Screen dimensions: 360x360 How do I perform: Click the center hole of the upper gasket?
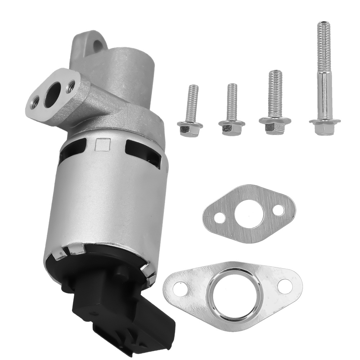pos(248,215)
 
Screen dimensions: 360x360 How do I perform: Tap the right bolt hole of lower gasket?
pos(284,285)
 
